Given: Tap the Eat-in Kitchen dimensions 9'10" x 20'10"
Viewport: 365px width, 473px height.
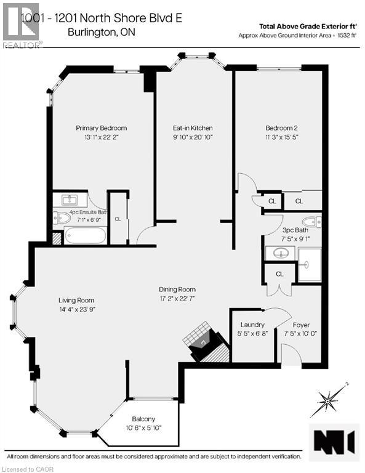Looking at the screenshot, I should (193, 138).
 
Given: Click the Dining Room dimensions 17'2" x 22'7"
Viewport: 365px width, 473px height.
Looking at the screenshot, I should (177, 299).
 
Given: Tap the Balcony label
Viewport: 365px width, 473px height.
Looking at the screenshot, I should (143, 419).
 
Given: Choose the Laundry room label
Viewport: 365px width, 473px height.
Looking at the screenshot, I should (252, 325).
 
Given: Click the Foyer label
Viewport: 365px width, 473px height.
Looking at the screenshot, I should (301, 325).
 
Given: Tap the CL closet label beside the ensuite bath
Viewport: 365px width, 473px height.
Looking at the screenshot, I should (118, 218).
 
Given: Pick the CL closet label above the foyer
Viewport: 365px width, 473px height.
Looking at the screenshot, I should (279, 273).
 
